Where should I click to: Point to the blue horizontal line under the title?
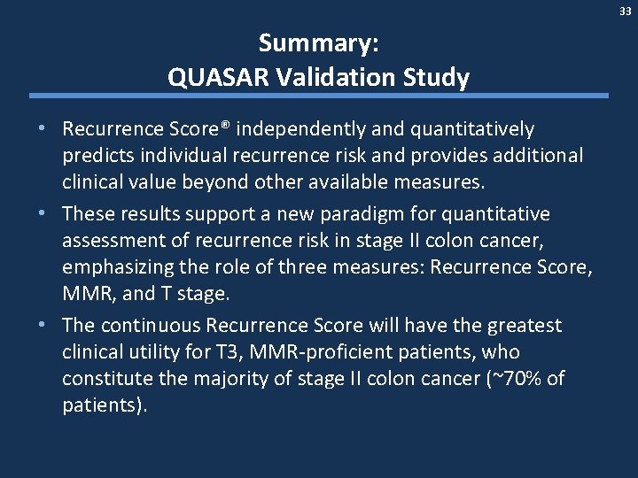click(319, 96)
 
